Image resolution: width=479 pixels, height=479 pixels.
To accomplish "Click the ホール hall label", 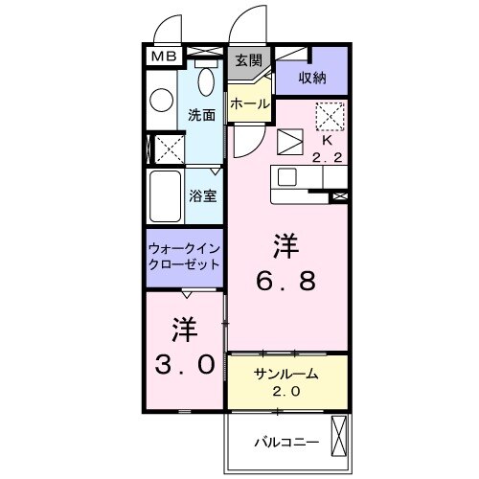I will [248, 103].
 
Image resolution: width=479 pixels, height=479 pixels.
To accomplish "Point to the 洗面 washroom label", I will [200, 114].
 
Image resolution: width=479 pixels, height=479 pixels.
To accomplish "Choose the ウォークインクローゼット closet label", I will [185, 256].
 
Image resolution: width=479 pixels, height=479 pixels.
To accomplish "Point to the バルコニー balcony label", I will [280, 443].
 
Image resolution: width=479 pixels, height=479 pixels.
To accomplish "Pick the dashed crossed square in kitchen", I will [330, 116].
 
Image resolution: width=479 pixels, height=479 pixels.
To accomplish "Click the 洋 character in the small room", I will [185, 329].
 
